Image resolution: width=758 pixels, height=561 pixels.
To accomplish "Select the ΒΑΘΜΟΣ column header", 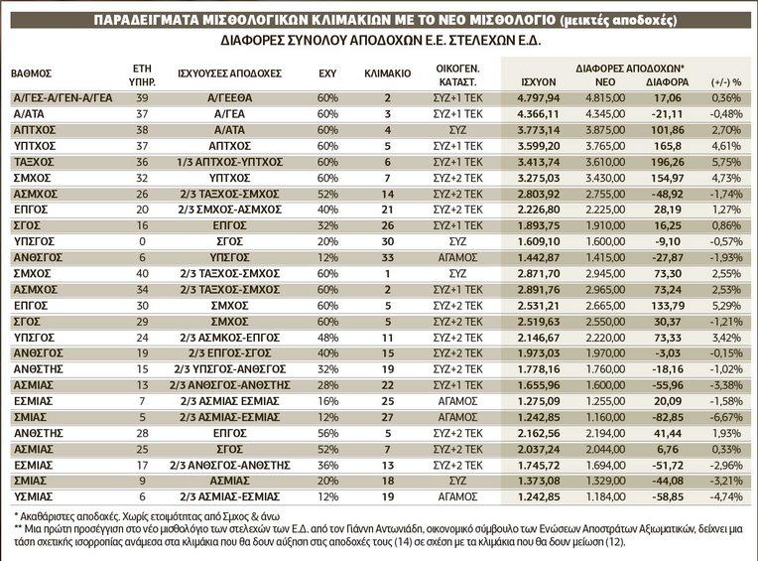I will point(32,73).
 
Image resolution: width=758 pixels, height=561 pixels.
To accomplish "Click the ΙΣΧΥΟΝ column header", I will point(538,81).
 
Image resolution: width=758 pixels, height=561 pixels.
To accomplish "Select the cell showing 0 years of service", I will point(142,241).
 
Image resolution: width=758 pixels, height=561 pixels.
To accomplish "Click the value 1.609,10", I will point(539,241).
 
